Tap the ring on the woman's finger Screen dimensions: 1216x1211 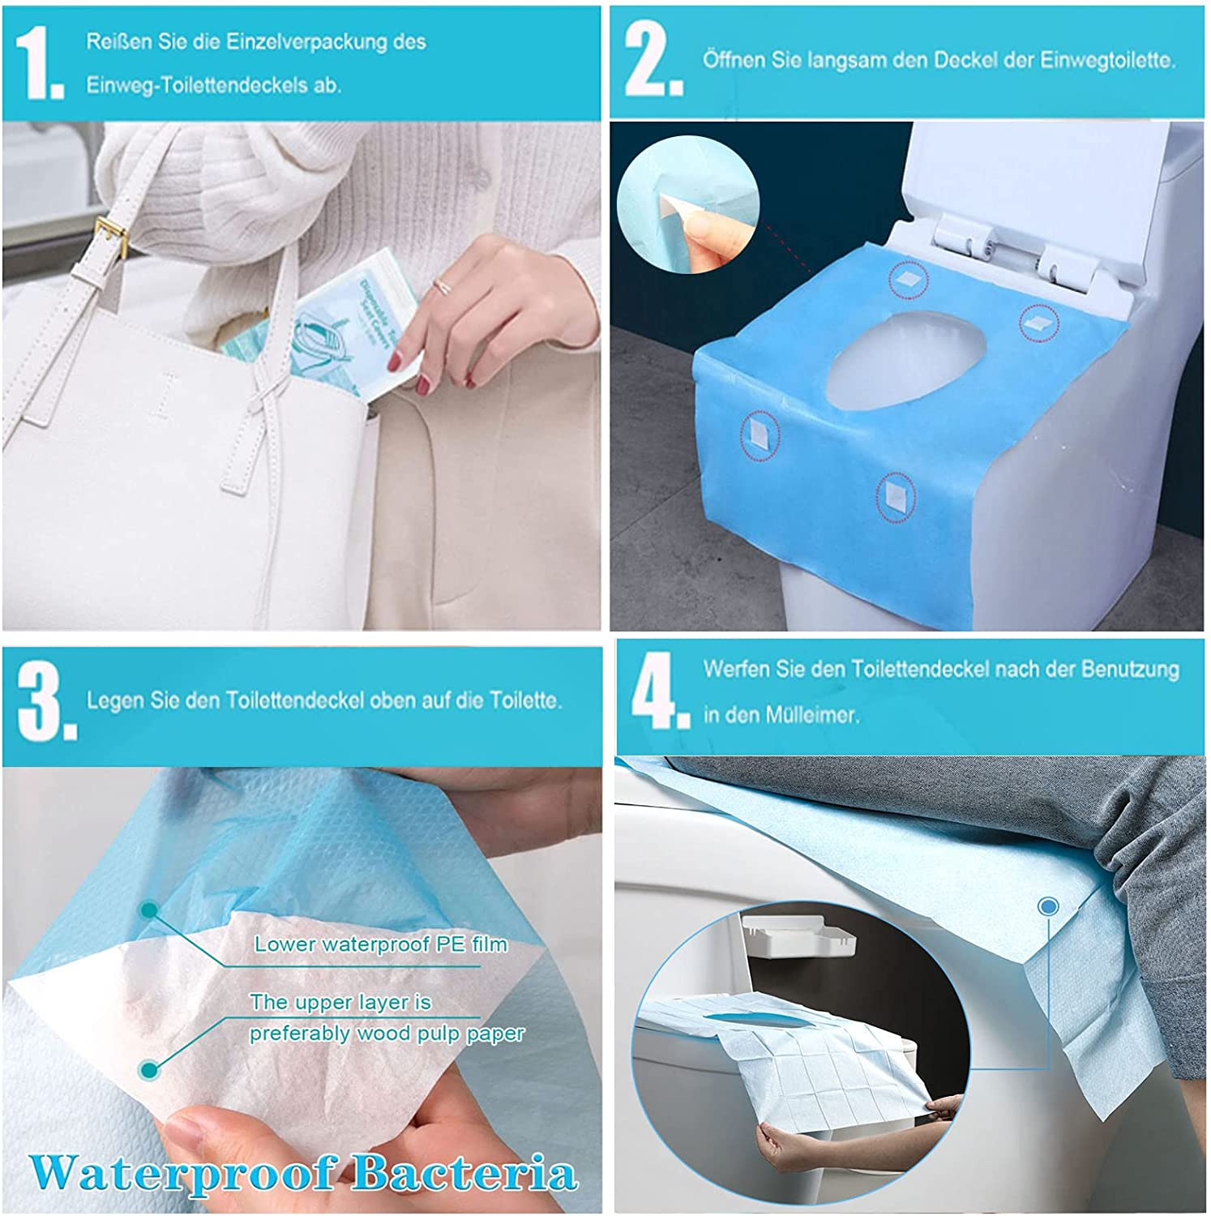(443, 285)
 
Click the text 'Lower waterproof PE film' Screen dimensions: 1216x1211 (380, 944)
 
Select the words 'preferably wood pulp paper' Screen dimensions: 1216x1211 (386, 1034)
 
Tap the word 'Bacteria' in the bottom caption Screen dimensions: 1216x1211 (465, 1173)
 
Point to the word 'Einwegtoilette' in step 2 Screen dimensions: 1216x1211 (1107, 60)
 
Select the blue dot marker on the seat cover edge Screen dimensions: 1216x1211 (1048, 906)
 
